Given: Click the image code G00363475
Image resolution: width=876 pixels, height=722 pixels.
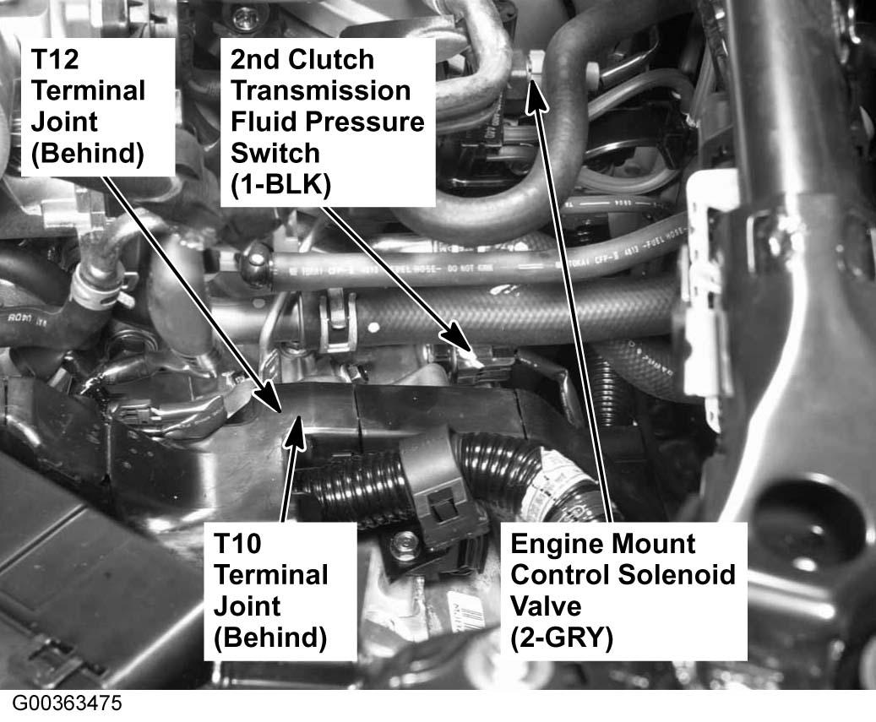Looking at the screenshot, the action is tap(67, 703).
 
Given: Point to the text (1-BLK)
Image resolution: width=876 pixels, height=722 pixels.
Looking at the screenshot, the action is tap(280, 184).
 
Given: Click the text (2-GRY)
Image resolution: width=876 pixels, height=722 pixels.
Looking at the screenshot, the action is tap(562, 638).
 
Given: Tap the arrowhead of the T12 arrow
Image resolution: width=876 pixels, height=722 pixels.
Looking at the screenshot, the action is tap(269, 395).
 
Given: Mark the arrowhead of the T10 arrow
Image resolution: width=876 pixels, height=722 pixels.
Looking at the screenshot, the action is tap(297, 430).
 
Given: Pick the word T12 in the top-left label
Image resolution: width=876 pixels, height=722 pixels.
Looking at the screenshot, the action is tap(55, 60).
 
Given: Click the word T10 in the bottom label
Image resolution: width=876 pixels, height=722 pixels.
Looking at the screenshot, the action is tap(237, 544).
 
